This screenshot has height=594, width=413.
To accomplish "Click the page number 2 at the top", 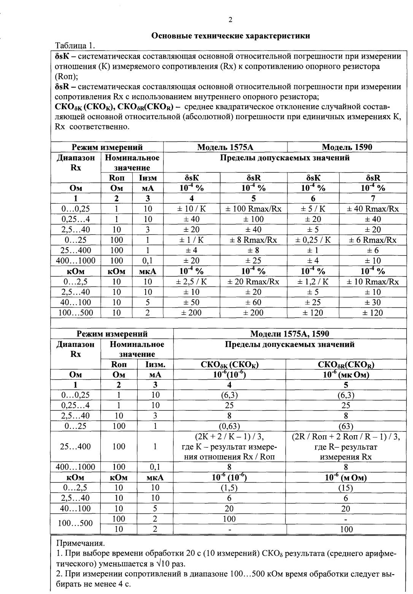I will (230, 20).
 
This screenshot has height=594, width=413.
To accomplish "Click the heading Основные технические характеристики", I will (230, 36).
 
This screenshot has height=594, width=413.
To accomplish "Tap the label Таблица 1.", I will (75, 46).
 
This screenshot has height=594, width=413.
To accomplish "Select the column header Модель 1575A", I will (225, 147).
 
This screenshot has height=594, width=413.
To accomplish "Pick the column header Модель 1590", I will (347, 147).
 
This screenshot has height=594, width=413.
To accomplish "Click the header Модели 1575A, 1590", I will (289, 334).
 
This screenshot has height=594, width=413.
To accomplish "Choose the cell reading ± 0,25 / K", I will (313, 240).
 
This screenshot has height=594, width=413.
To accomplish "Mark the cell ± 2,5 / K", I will (191, 282).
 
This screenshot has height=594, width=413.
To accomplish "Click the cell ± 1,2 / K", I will (313, 282).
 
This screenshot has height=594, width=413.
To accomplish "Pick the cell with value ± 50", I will (191, 302).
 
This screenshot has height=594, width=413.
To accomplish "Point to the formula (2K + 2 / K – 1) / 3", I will (229, 436).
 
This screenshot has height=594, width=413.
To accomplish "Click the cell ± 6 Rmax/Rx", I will (373, 240).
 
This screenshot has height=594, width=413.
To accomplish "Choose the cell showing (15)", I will (346, 488).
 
